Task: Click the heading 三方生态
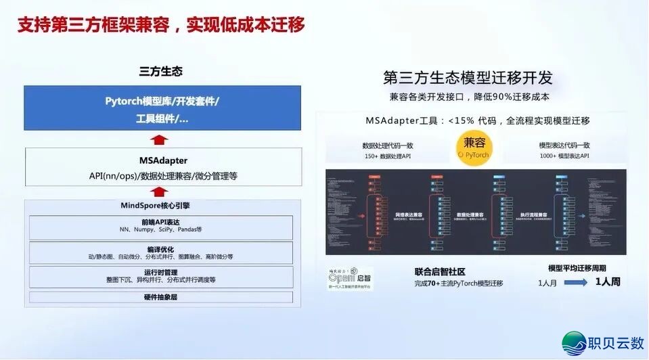coord(160,71)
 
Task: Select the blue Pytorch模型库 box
coord(162,108)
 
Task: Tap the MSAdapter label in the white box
coord(163,161)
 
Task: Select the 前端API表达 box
coord(161,226)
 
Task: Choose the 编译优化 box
coord(161,253)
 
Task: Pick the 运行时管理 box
coord(161,276)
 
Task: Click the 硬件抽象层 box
coord(161,297)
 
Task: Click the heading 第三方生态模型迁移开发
coord(468,76)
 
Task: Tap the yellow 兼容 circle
coord(474,148)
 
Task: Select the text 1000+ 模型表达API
coord(564,156)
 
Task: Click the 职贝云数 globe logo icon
coord(575,343)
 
